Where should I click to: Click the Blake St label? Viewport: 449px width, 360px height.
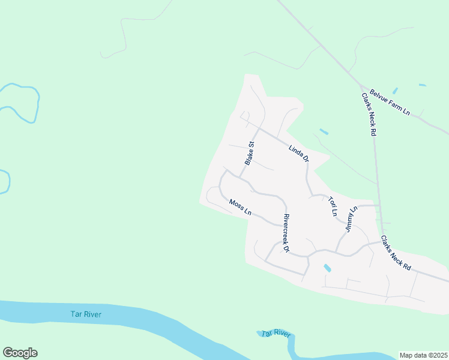click(250, 153)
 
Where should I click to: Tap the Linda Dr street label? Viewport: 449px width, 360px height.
click(298, 154)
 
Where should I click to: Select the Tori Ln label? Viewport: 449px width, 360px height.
click(333, 206)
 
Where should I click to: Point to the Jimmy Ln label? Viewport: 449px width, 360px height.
click(351, 220)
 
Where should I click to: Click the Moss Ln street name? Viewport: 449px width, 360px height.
click(240, 208)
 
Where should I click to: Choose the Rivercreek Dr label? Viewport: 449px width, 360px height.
click(286, 233)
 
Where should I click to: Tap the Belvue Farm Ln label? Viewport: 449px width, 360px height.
click(390, 103)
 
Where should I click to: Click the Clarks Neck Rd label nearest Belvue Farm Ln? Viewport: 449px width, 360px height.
click(369, 114)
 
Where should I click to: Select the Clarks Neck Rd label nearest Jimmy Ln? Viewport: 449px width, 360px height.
click(396, 251)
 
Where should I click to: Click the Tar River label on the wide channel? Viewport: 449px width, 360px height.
click(86, 314)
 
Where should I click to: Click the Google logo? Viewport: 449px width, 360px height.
click(20, 353)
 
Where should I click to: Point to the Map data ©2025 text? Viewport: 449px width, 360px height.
click(423, 355)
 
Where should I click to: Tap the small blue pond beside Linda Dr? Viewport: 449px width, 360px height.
click(324, 131)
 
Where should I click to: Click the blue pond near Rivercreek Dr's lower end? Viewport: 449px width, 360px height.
click(327, 268)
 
